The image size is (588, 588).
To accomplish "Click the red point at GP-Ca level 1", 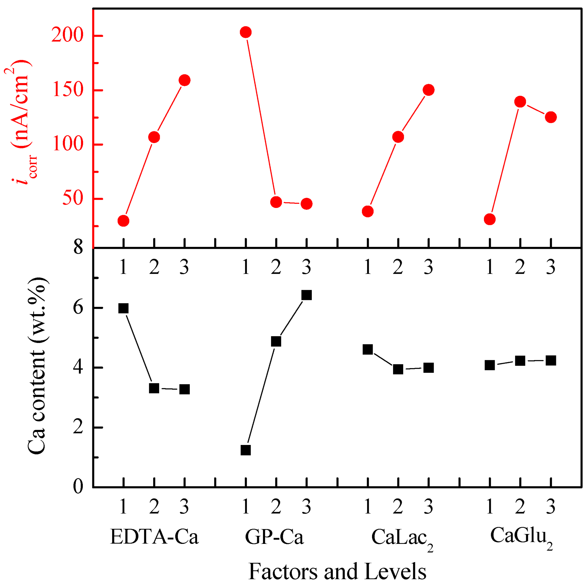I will pyautogui.click(x=246, y=32).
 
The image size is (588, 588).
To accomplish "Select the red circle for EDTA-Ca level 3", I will pyautogui.click(x=185, y=80).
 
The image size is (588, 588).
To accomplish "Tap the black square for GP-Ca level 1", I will pyautogui.click(x=246, y=450).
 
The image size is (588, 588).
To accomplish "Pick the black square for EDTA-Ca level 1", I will pyautogui.click(x=123, y=308).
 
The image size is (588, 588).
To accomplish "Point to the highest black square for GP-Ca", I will pyautogui.click(x=307, y=295).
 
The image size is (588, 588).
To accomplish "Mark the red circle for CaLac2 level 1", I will pyautogui.click(x=368, y=211).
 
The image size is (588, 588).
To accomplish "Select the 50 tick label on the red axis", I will pyautogui.click(x=72, y=199).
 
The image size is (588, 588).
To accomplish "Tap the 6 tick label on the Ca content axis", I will pyautogui.click(x=78, y=308).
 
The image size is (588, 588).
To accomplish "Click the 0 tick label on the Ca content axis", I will pyautogui.click(x=78, y=487).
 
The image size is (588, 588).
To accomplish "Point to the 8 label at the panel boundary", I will pyautogui.click(x=78, y=248).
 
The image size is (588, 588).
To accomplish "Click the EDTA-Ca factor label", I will pyautogui.click(x=154, y=537).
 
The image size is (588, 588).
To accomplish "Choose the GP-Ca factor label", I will pyautogui.click(x=274, y=537).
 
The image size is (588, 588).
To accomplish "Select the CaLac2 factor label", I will pyautogui.click(x=402, y=538).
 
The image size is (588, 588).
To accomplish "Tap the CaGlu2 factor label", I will pyautogui.click(x=521, y=536).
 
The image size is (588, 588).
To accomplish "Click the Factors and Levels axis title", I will pyautogui.click(x=337, y=571).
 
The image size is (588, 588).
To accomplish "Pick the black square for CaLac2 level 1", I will pyautogui.click(x=368, y=350).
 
